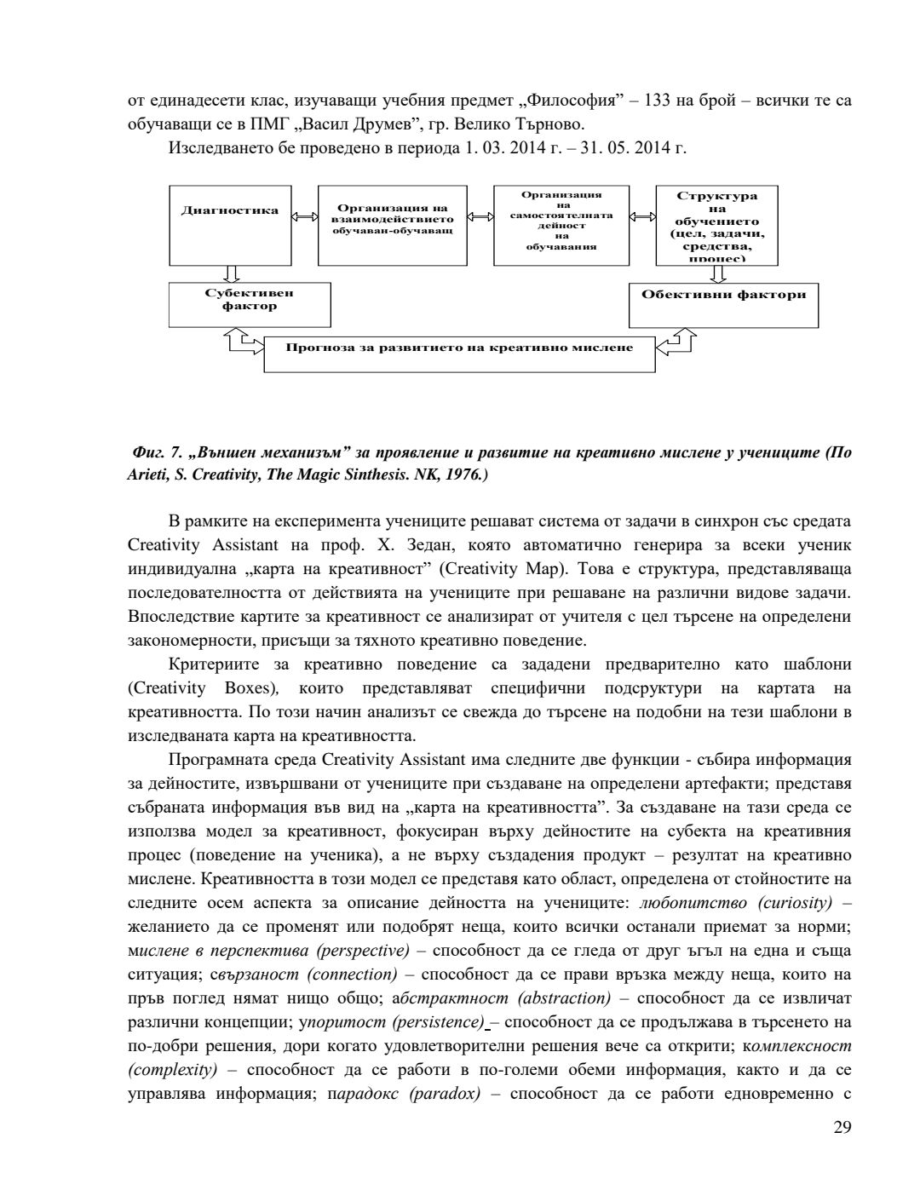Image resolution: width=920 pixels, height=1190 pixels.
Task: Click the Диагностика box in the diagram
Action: pos(230,225)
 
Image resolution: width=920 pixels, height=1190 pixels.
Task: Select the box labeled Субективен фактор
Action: pos(250,305)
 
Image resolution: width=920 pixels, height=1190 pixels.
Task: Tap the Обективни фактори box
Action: pos(723,304)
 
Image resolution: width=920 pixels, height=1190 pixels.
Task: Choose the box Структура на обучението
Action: pos(717,225)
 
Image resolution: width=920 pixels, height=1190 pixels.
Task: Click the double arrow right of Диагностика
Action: pos(304,217)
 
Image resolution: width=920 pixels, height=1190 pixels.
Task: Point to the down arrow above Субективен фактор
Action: pos(230,273)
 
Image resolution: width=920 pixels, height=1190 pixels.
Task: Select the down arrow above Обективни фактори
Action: pos(718,273)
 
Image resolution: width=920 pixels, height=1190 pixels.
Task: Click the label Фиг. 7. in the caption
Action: pos(152,452)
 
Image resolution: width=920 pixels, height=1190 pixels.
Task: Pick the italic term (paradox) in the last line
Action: pos(446,1094)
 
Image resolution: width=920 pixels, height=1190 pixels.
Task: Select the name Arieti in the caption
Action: pos(145,475)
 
